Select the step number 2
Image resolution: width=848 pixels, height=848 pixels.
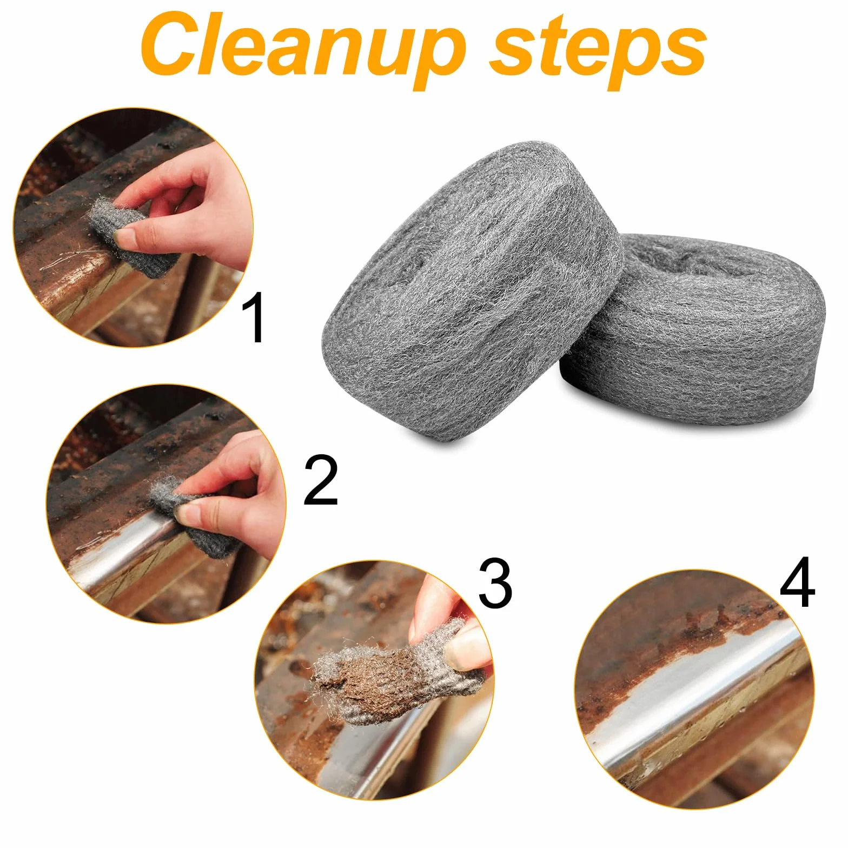pos(321,480)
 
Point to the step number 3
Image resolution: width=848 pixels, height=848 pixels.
pos(495,584)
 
